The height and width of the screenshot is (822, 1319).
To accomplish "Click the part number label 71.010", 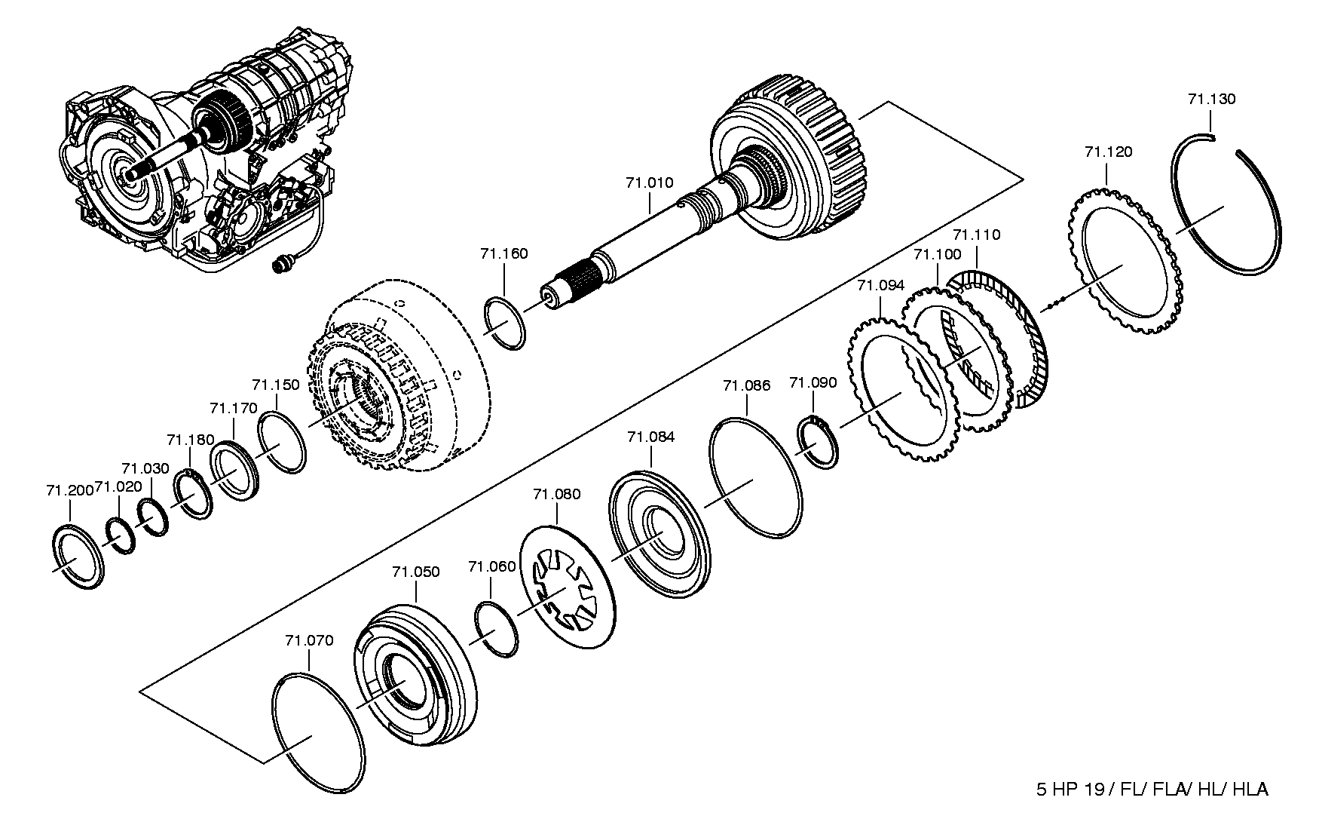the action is (649, 182).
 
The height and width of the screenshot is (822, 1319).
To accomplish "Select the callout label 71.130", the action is (1211, 99).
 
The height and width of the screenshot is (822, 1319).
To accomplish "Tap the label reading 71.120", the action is (1108, 152).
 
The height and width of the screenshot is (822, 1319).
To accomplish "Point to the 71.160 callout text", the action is (503, 253).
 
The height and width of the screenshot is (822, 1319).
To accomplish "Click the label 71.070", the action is (309, 640).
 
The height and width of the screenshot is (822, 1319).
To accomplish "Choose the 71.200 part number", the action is (69, 490).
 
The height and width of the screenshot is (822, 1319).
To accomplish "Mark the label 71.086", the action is (746, 385).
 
